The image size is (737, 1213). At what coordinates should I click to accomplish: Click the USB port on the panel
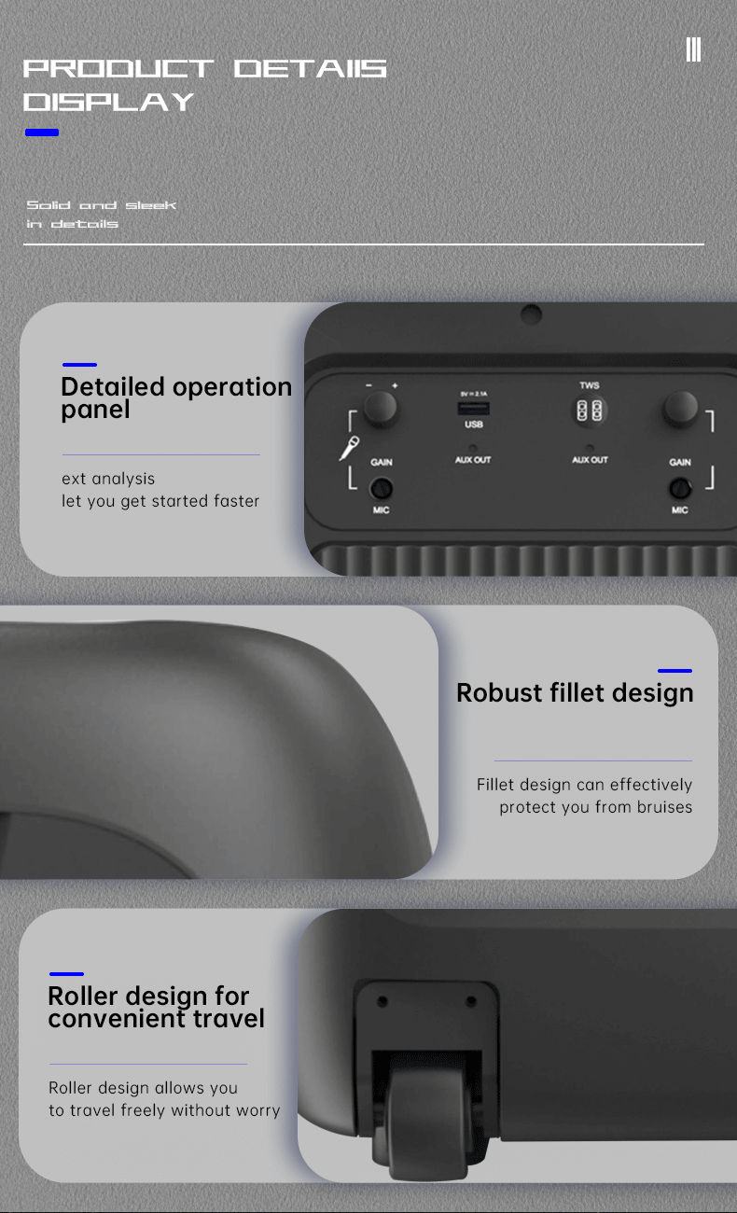coord(474,409)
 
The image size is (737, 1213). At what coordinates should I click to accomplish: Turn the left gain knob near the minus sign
coord(380,409)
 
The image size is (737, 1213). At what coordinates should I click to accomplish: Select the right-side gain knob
coord(681,409)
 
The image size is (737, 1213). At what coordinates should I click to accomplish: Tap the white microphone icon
coord(349,448)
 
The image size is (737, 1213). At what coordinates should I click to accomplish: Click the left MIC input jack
coord(381,488)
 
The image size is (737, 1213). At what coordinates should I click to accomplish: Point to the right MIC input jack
coord(680,488)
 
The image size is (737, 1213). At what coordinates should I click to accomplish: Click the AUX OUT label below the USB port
coord(473,460)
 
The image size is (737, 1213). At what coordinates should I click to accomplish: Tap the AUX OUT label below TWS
coord(590,460)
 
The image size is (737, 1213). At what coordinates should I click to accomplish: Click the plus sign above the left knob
coord(395,385)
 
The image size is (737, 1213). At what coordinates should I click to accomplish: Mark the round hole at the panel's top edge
coord(531,314)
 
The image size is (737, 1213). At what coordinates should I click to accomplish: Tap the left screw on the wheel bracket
coord(382,1002)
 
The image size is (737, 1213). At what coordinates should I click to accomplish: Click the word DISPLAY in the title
coord(108,103)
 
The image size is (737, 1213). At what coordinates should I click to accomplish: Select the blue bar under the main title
coord(42,132)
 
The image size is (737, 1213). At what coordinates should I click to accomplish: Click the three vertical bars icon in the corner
coord(694,49)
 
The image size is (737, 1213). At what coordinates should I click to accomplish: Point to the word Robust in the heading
coord(499,692)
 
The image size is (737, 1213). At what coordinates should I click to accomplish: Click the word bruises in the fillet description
coord(664,807)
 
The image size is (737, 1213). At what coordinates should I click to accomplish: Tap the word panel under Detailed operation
coord(95,410)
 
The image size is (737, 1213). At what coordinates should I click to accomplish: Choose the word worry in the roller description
coord(257,1110)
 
